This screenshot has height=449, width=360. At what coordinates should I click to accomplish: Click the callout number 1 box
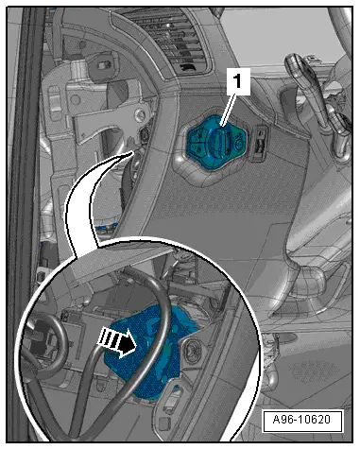(x=237, y=82)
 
